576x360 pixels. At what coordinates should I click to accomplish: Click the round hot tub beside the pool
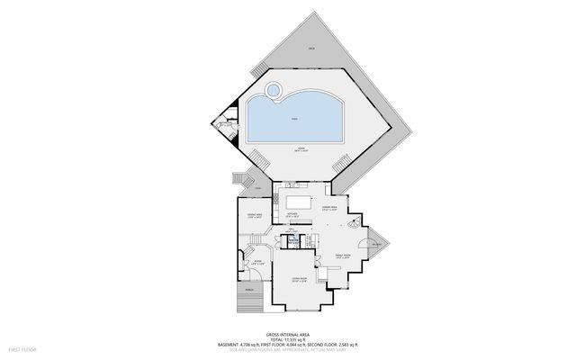tap(273, 90)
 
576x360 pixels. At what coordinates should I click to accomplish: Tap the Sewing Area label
tap(255, 215)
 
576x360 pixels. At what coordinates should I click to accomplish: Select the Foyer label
tap(256, 262)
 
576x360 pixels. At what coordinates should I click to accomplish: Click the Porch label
tap(248, 290)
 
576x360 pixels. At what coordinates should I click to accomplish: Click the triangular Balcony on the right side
tap(378, 244)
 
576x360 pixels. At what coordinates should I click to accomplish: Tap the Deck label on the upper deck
tap(311, 46)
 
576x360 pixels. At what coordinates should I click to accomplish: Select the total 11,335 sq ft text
tap(288, 337)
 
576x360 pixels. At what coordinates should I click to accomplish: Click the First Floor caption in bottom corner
tap(21, 347)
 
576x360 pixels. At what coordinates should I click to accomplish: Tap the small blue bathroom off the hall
tap(292, 240)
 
